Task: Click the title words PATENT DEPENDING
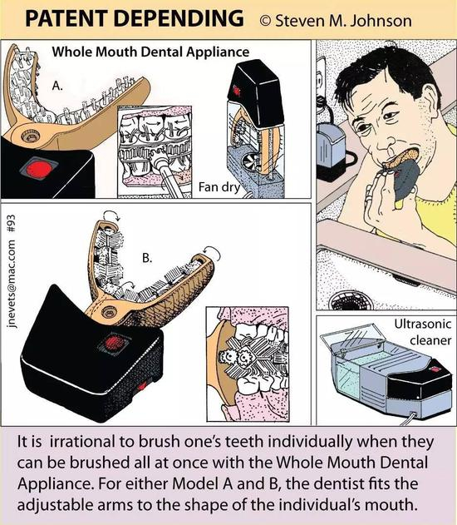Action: click(135, 18)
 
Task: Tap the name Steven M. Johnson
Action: click(343, 21)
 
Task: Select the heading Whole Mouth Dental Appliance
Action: click(150, 52)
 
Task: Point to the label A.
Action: click(57, 86)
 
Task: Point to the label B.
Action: click(147, 258)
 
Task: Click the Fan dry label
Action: click(219, 187)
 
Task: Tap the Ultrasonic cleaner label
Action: click(423, 332)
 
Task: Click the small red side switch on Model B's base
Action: click(142, 387)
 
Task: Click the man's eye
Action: click(389, 116)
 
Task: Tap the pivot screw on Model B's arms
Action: click(109, 312)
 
